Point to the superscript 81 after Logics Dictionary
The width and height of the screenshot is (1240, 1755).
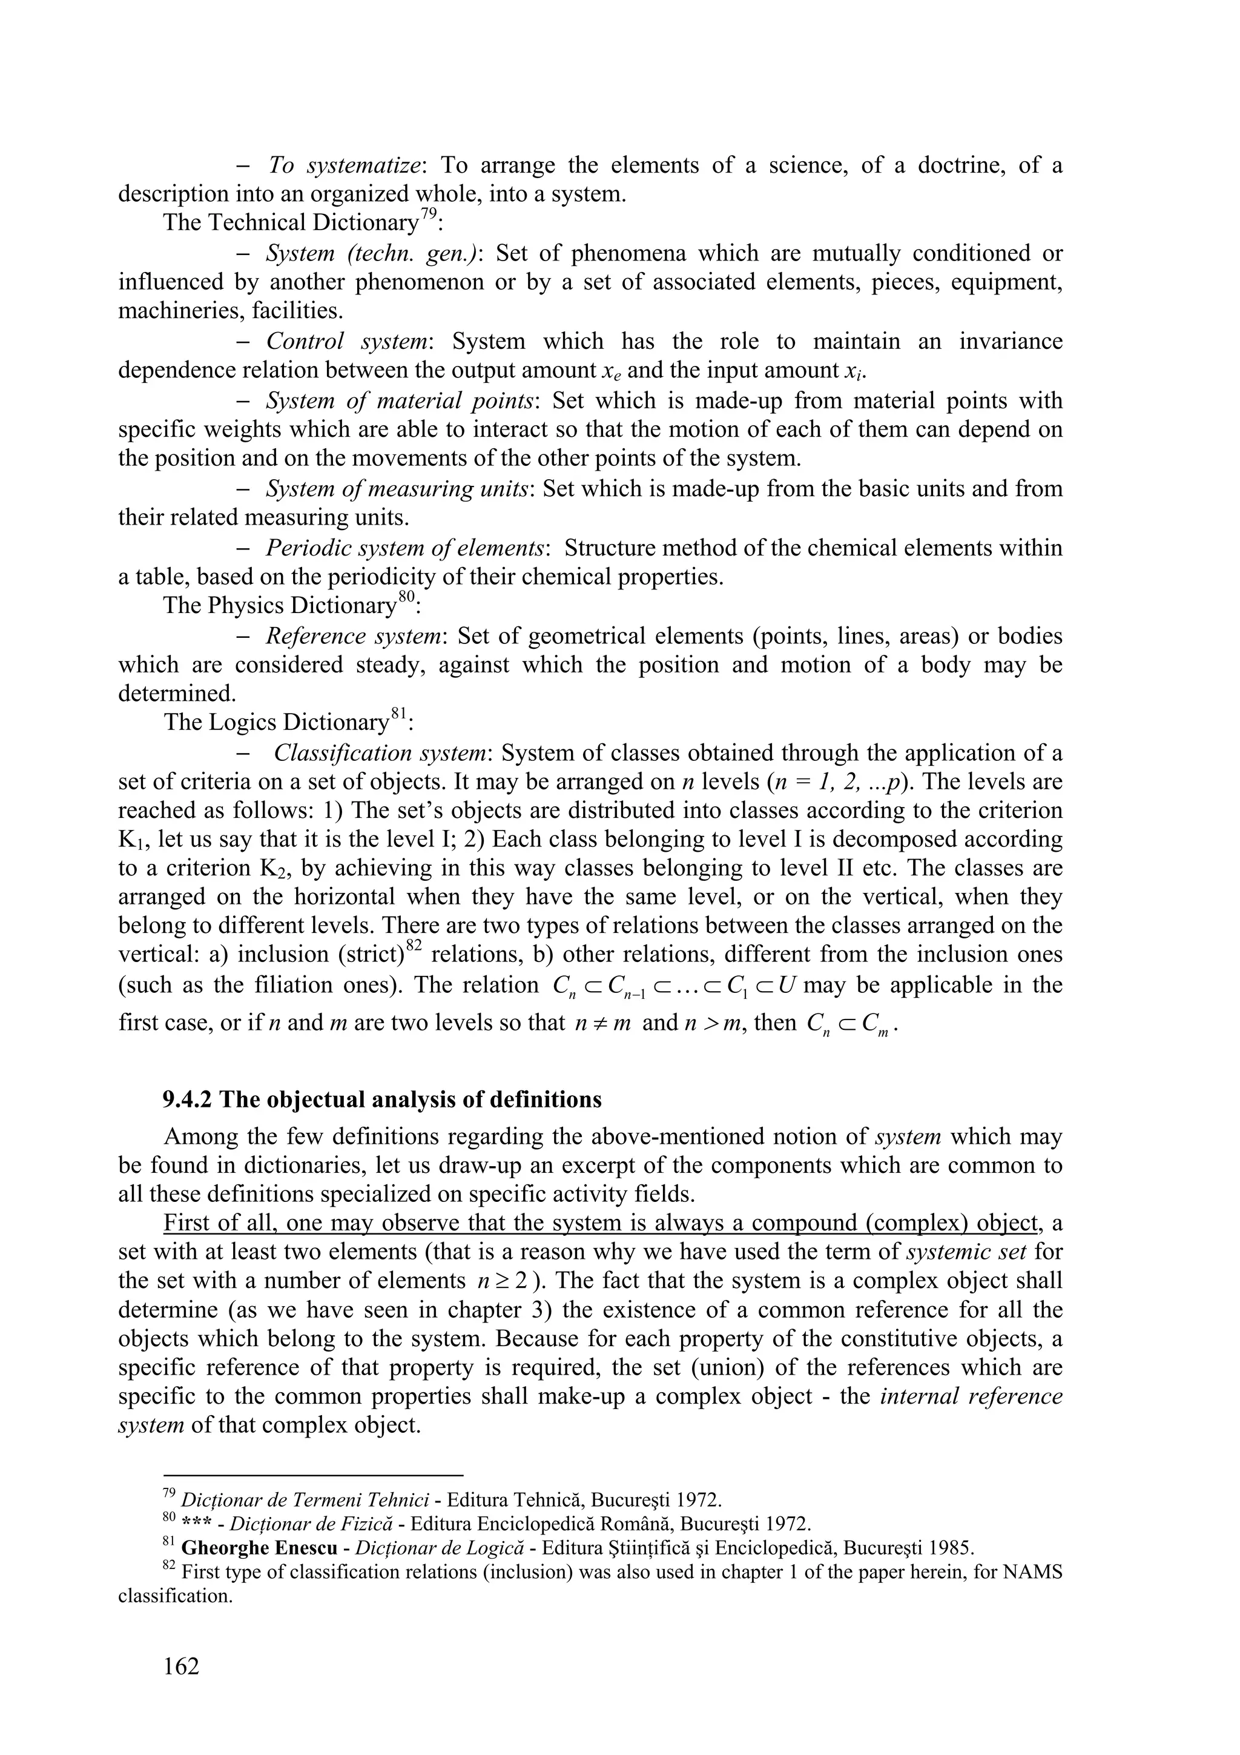coord(398,716)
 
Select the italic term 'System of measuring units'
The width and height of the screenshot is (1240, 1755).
coord(397,488)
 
